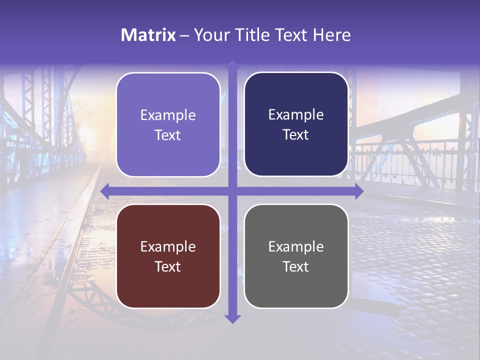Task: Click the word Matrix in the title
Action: pos(148,35)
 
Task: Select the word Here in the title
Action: pos(332,35)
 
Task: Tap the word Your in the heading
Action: pos(210,35)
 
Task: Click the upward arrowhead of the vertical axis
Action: pos(232,64)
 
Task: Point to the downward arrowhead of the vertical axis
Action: pos(232,319)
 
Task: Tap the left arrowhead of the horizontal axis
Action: pos(104,191)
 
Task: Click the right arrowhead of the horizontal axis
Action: pos(359,191)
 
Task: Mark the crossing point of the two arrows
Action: pos(232,191)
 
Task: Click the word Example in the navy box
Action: pos(296,115)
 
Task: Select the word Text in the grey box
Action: pos(296,266)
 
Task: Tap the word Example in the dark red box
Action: pos(168,246)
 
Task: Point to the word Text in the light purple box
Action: pos(168,135)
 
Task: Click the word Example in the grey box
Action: pos(296,246)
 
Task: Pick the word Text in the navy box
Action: pos(296,135)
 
